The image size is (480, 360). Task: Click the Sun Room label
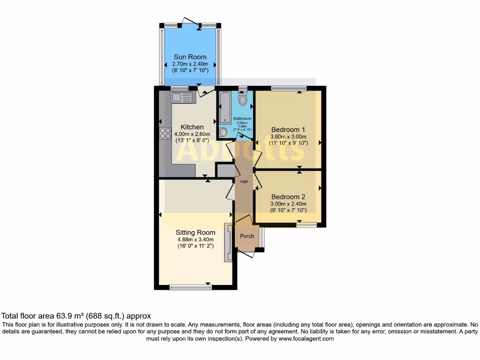(x=190, y=57)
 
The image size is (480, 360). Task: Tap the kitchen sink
(x=182, y=97)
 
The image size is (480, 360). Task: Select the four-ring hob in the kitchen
(x=165, y=133)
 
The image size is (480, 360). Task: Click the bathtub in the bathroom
(x=225, y=108)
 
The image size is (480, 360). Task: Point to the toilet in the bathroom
(x=242, y=100)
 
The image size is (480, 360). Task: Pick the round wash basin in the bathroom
(x=224, y=132)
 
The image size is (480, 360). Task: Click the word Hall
(x=244, y=181)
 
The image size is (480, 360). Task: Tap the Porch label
(x=247, y=236)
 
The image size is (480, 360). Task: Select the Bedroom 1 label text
(x=288, y=129)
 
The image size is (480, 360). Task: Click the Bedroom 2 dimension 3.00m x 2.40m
(x=288, y=204)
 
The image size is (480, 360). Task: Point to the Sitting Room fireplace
(x=228, y=242)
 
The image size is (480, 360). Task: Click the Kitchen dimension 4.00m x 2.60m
(x=192, y=134)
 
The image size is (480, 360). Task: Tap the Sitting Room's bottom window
(x=190, y=287)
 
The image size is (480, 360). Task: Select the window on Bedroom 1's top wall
(x=288, y=88)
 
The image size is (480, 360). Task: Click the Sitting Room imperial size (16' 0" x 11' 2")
(x=195, y=246)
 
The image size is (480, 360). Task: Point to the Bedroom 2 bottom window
(x=306, y=225)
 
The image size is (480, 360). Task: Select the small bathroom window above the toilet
(x=242, y=88)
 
